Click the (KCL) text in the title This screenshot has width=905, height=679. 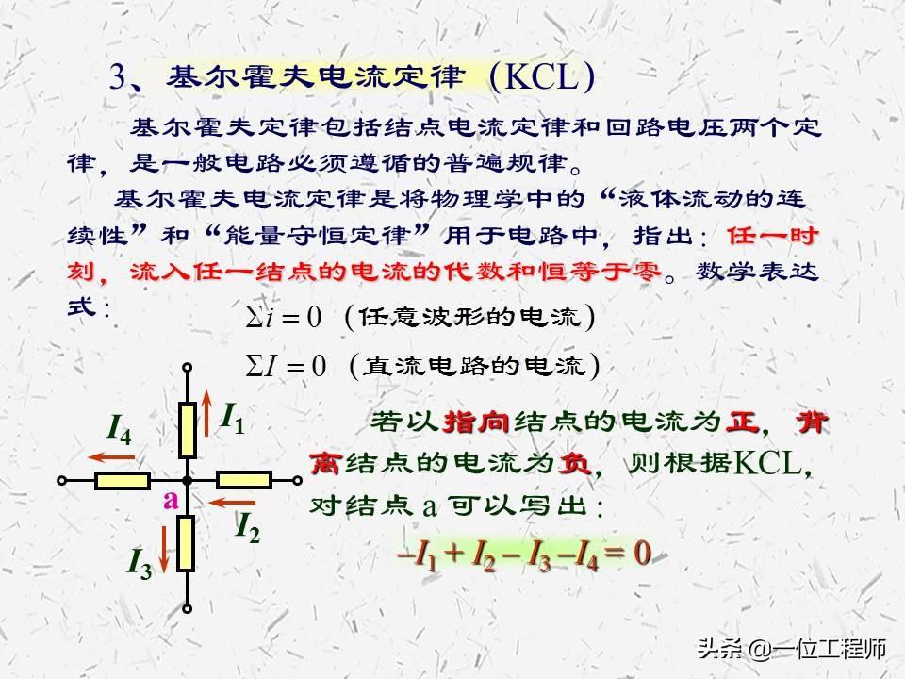point(542,77)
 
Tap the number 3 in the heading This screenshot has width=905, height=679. point(118,76)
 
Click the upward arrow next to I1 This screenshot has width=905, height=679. point(206,413)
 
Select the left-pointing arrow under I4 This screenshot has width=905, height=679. point(111,458)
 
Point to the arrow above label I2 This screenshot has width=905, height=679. point(232,503)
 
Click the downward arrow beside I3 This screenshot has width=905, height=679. point(164,549)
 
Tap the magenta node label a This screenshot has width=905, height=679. point(171,500)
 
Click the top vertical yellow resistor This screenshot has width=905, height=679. point(187,431)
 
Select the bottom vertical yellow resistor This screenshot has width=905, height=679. point(186,544)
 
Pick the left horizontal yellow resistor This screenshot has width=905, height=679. point(123,480)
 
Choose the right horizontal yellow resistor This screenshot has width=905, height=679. point(243,480)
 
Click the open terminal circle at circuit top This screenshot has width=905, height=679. point(187,367)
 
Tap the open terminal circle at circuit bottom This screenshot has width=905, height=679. point(187,608)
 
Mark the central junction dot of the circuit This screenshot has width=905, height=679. point(187,480)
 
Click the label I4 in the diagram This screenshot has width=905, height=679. point(120,430)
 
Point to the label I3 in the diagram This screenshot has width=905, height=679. point(140,563)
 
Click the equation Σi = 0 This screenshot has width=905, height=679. point(283,317)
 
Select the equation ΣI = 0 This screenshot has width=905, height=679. point(286,366)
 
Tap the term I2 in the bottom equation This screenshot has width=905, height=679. point(483,555)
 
